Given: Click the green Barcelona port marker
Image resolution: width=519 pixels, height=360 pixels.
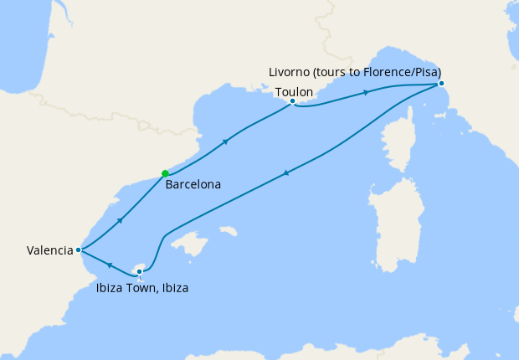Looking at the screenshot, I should pos(165,173).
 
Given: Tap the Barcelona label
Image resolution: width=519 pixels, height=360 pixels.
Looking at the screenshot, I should pos(193,184).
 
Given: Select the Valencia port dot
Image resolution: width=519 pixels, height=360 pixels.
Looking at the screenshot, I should pos(78,249).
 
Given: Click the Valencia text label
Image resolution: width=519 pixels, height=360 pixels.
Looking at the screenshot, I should pos(49,249).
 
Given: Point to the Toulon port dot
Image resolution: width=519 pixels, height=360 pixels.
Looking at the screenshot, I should pos(292,101).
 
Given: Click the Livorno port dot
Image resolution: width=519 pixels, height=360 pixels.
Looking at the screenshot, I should pos(441,83).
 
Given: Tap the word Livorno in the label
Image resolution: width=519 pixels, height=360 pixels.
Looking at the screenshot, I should pos(293,71).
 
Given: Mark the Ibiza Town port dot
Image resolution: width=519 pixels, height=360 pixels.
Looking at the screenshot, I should pos(140,270).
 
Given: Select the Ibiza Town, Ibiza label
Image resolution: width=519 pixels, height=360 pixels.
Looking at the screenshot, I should pos(140,289).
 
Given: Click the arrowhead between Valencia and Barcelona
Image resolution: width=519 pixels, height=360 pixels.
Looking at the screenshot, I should pos(121,220).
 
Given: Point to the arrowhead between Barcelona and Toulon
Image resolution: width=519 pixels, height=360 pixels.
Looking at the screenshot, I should pos(225,141).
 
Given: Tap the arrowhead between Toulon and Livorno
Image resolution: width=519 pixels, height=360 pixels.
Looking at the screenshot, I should pos(365,92).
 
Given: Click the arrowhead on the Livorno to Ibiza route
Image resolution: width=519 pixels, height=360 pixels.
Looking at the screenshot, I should pos(286,173).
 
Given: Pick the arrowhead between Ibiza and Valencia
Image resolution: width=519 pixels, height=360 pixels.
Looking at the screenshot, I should pos(109,264).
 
